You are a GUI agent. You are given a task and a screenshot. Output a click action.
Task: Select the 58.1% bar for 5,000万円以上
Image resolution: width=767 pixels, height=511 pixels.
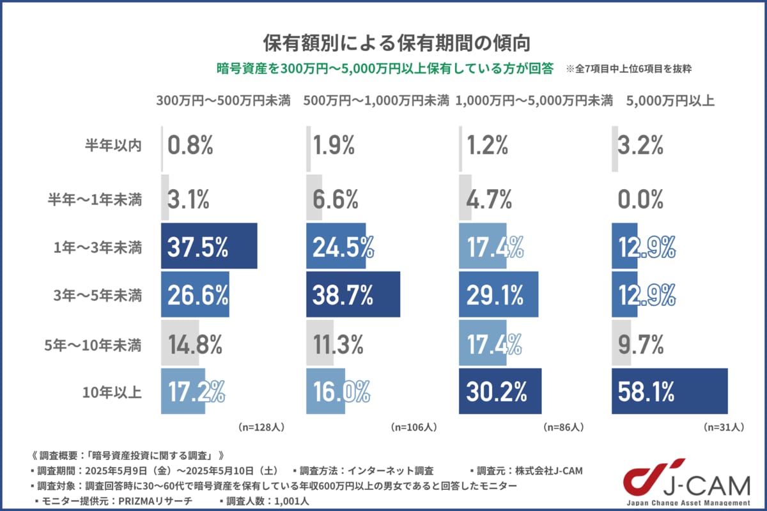(669, 392)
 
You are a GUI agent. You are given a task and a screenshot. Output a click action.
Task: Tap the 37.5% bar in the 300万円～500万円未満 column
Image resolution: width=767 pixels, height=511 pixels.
(208, 247)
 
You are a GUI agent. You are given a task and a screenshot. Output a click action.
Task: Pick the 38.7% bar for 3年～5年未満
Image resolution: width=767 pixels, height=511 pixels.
(353, 294)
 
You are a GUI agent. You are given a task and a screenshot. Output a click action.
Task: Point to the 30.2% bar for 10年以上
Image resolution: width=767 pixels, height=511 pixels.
(500, 392)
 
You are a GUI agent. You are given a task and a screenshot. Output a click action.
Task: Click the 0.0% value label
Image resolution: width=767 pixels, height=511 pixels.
(641, 200)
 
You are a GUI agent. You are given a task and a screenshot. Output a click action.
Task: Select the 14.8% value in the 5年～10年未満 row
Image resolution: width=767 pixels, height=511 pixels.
(194, 345)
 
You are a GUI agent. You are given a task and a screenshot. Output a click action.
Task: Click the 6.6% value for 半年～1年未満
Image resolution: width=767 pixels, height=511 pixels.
(336, 200)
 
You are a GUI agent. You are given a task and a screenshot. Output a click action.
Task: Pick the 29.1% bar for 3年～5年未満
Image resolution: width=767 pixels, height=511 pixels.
(499, 294)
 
